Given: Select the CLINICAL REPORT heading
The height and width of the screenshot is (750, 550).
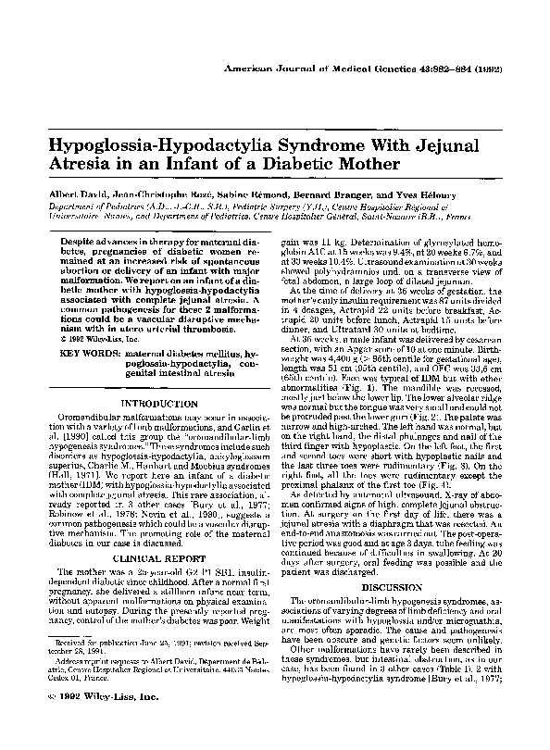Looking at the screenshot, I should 148,561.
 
